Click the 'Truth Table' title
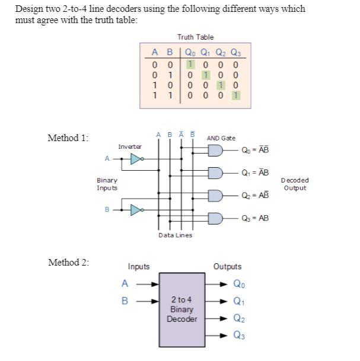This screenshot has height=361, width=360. click(x=195, y=37)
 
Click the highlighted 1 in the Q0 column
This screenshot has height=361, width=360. click(x=189, y=64)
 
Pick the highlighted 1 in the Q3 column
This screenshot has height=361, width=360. click(x=237, y=94)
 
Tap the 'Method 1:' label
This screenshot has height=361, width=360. click(x=68, y=138)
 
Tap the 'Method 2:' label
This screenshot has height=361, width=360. click(x=68, y=263)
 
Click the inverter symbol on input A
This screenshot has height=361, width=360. click(x=136, y=159)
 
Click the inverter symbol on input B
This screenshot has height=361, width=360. click(x=136, y=209)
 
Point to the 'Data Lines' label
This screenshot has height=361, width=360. click(x=175, y=235)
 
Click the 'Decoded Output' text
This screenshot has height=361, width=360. click(x=295, y=184)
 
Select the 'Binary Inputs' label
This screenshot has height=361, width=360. click(x=107, y=184)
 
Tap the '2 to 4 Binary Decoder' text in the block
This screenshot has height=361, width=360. click(x=181, y=309)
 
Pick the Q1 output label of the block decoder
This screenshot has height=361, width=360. click(x=237, y=301)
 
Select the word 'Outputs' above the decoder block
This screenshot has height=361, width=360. click(x=227, y=267)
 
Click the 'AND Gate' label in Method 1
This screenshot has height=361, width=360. click(x=221, y=138)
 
